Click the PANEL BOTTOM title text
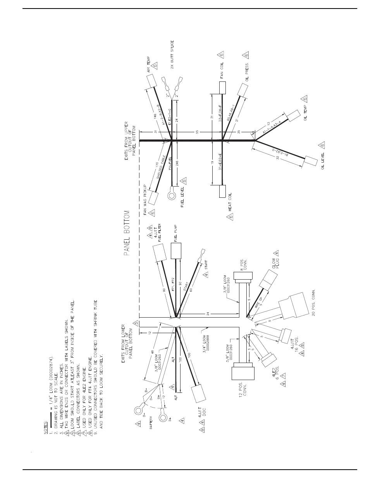pyautogui.click(x=127, y=233)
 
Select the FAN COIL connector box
pyautogui.click(x=222, y=88)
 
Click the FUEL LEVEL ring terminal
pyautogui.click(x=171, y=195)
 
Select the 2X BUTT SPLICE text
pyautogui.click(x=173, y=55)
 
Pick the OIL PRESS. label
pyautogui.click(x=247, y=71)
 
